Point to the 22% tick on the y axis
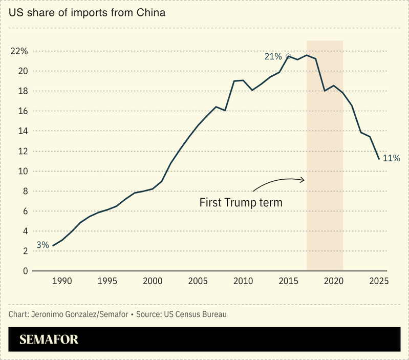click(x=19, y=51)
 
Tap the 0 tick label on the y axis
click(x=24, y=271)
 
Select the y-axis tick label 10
click(x=22, y=171)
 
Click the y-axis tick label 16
click(x=22, y=111)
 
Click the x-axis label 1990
click(x=62, y=281)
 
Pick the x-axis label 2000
click(x=153, y=281)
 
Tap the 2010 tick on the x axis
click(x=243, y=281)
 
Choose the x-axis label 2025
click(x=379, y=281)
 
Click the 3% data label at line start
click(x=42, y=245)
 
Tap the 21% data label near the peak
click(x=273, y=56)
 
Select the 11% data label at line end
click(x=391, y=159)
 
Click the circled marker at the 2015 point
click(x=288, y=56)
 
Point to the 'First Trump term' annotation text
click(x=241, y=203)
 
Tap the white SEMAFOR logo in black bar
click(x=49, y=340)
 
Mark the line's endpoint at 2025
click(x=379, y=159)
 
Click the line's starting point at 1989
click(x=53, y=245)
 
